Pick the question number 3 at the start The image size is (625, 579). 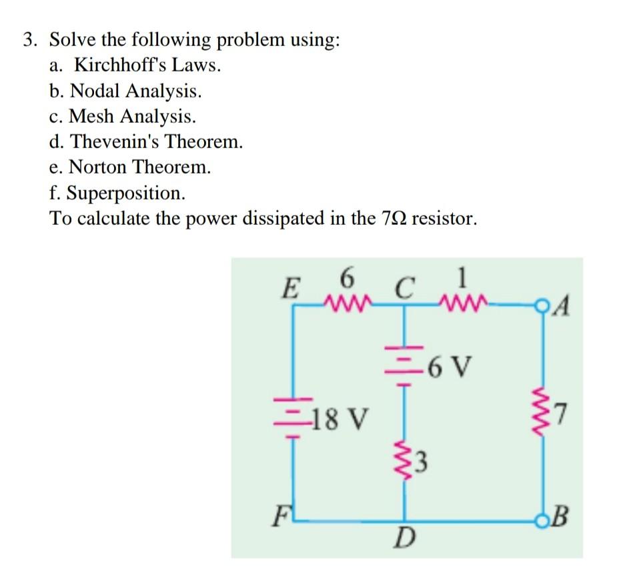[x=29, y=40]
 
